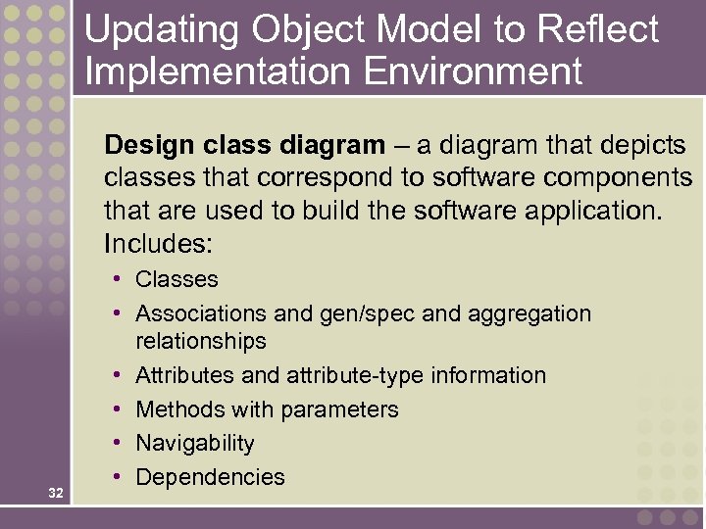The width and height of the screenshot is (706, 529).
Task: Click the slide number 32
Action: tap(56, 493)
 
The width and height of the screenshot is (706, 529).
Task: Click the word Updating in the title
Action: tap(161, 30)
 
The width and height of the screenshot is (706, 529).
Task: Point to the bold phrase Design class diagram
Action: tap(244, 147)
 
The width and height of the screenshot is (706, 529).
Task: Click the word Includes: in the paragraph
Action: tap(159, 241)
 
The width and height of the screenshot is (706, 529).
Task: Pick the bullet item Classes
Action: tap(176, 280)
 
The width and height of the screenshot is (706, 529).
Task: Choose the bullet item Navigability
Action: tap(194, 444)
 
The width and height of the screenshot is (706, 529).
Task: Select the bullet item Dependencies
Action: tap(210, 478)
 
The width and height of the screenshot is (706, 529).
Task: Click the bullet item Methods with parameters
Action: tap(267, 409)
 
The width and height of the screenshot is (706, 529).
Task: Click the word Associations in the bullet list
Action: tap(201, 314)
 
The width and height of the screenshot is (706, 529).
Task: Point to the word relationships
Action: tap(200, 342)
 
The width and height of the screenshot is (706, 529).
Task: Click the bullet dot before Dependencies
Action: tap(117, 477)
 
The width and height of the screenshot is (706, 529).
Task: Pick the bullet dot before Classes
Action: tap(117, 279)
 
